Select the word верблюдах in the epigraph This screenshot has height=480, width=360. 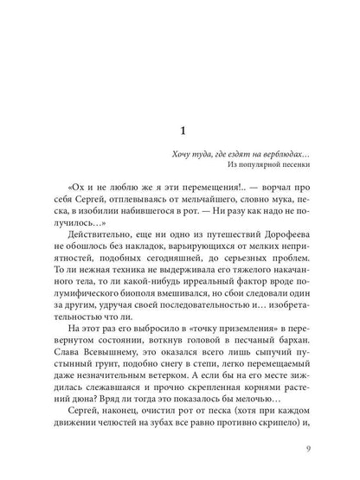click(x=286, y=154)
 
